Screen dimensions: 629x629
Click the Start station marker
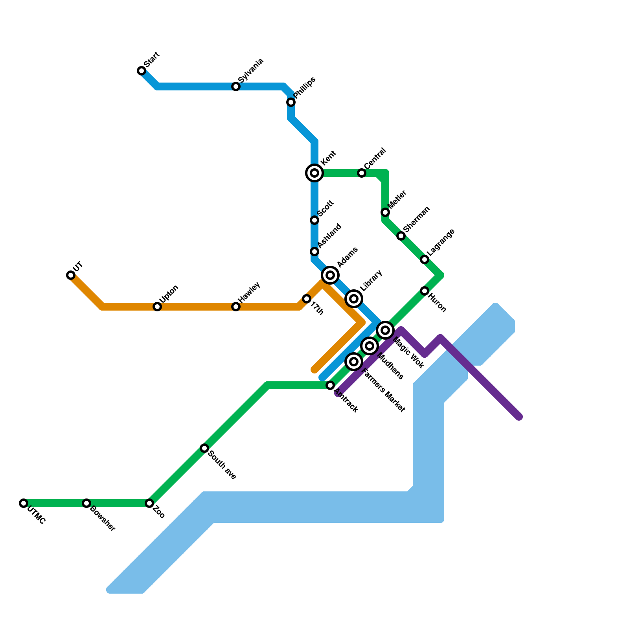[x=142, y=71]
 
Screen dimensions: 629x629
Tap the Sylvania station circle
[x=236, y=86]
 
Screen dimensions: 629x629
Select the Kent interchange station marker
[x=314, y=173]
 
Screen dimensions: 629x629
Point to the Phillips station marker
[x=291, y=102]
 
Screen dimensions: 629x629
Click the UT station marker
[x=71, y=275]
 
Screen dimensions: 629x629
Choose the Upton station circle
[x=157, y=307]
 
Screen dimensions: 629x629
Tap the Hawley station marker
[x=236, y=307]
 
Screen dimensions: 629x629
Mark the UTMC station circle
[x=24, y=503]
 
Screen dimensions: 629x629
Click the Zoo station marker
[x=149, y=503]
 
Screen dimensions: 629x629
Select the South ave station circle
[x=204, y=448]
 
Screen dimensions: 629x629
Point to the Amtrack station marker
[x=330, y=385]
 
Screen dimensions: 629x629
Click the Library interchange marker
[x=354, y=299]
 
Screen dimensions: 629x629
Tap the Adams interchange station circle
[x=330, y=275]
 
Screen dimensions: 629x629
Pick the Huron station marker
[x=425, y=291]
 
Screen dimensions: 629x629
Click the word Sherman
[x=416, y=219]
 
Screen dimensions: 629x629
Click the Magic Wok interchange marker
[x=385, y=330]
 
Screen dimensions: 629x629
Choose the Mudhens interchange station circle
[x=370, y=346]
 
